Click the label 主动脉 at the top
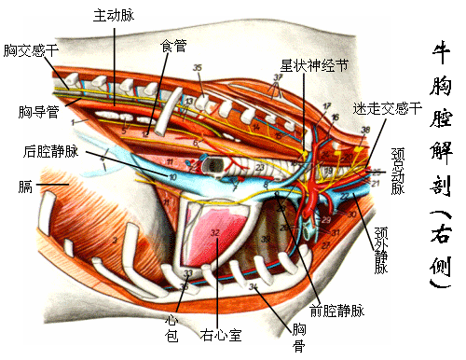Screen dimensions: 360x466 pos(114,16)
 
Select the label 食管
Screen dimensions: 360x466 pos(172,44)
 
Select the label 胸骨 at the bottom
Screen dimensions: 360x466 pos(298,338)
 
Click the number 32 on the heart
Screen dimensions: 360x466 pos(215,233)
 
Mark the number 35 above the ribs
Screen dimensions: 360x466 pos(198,68)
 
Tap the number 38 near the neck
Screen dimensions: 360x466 pos(364,129)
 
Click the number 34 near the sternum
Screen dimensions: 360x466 pos(254,287)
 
